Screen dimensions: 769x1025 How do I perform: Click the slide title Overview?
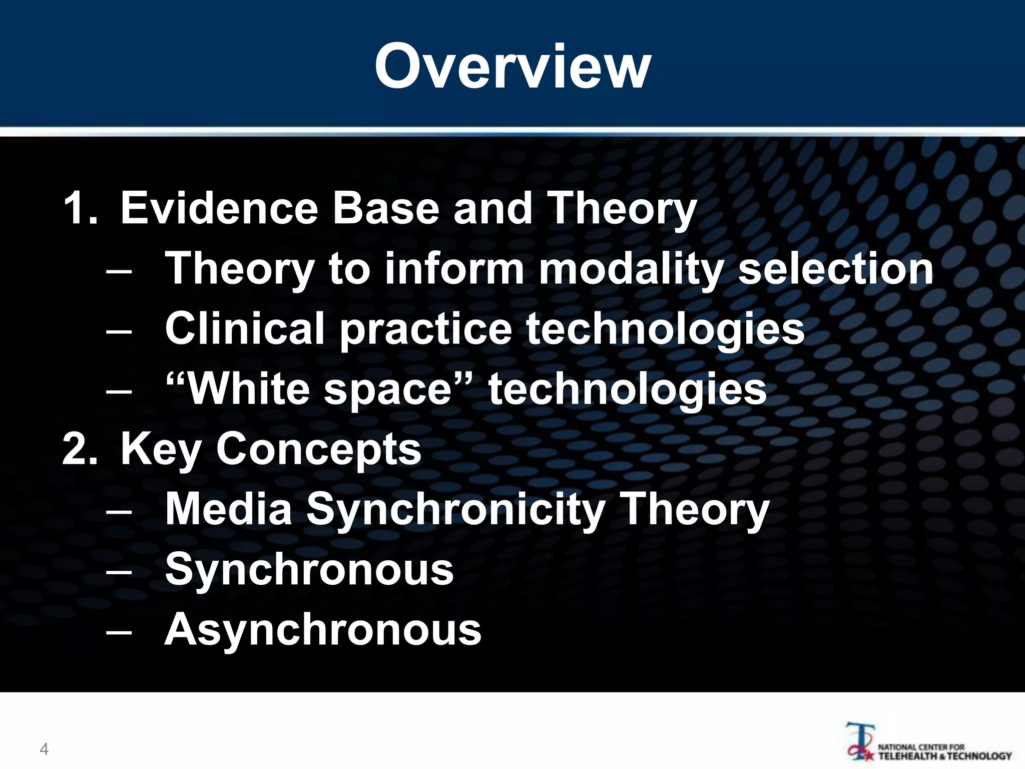(512, 67)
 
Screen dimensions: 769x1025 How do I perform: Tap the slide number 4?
(44, 749)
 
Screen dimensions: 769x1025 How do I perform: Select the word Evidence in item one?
(219, 208)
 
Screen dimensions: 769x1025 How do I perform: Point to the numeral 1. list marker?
(80, 208)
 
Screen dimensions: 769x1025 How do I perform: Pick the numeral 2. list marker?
(80, 449)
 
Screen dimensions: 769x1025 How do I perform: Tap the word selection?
(836, 268)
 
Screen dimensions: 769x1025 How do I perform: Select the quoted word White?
(240, 389)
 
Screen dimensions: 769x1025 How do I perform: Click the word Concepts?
(318, 450)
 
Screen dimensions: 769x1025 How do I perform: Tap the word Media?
(228, 509)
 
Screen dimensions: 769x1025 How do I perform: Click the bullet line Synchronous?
(309, 570)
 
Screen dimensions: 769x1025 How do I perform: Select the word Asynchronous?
(323, 630)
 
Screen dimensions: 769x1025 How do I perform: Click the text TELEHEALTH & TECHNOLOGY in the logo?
(945, 756)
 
